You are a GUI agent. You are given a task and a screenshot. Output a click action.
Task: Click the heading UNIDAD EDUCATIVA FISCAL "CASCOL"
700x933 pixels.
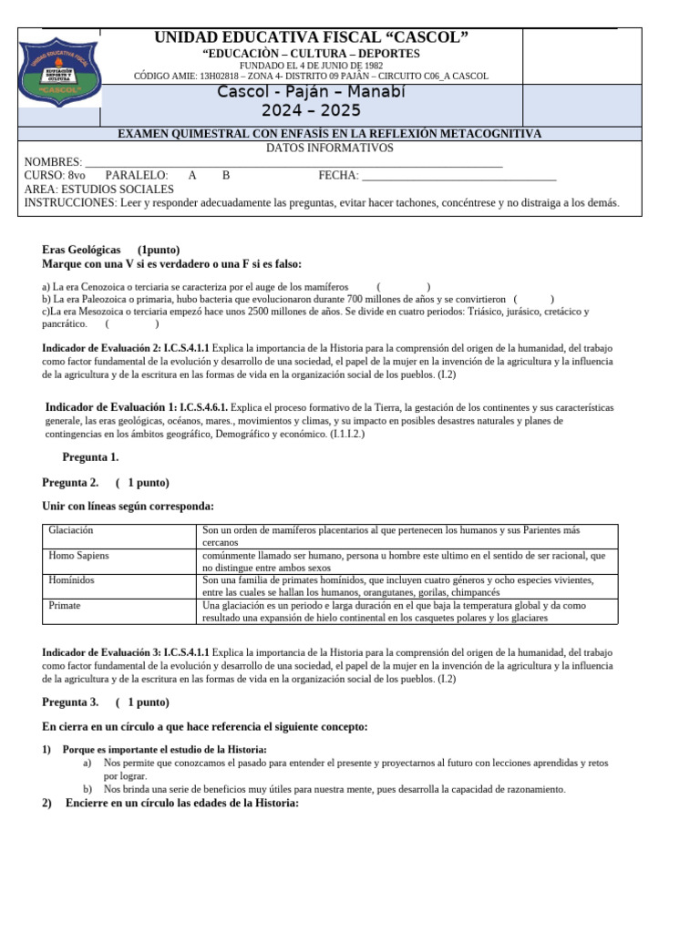coord(311,37)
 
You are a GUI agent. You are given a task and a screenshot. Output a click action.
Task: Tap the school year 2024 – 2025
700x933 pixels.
coord(311,111)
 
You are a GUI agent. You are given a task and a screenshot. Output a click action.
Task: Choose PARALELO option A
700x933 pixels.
coord(192,176)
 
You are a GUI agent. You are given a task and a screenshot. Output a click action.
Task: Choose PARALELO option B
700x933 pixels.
coord(226,176)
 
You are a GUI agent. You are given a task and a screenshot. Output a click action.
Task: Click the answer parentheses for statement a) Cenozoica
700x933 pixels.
coord(404,287)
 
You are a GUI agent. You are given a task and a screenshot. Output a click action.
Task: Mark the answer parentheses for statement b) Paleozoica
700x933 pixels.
coord(533,299)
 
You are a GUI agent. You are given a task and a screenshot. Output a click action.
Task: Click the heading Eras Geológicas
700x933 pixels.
coord(81,250)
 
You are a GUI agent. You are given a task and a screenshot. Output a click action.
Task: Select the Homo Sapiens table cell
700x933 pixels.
coord(77,555)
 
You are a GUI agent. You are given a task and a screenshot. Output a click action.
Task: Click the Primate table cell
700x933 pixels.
coord(66,605)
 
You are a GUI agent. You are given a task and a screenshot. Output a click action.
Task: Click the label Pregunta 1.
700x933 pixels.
coord(90,457)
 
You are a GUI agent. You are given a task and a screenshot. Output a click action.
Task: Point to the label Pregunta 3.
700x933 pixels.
coord(70,702)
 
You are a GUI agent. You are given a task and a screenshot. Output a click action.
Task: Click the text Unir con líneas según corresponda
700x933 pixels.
coord(128,506)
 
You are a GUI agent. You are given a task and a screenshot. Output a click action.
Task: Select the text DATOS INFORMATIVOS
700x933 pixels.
coord(330,148)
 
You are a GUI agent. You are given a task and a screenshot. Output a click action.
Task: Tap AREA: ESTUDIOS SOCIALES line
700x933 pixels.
coord(98,190)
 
